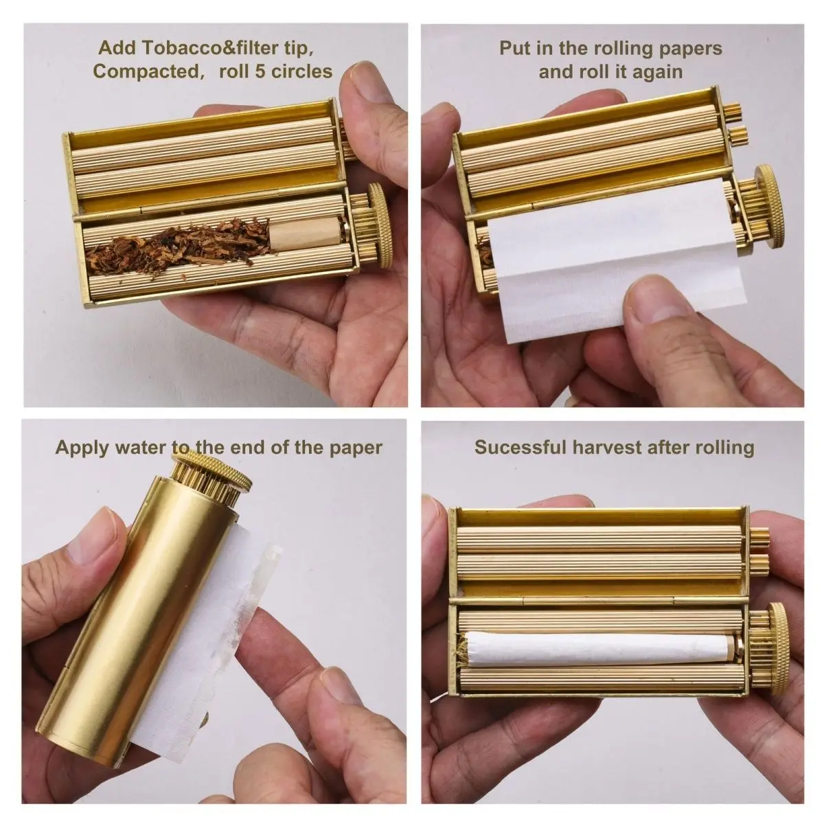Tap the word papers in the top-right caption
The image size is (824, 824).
click(688, 49)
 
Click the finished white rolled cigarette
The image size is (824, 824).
click(597, 648)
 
